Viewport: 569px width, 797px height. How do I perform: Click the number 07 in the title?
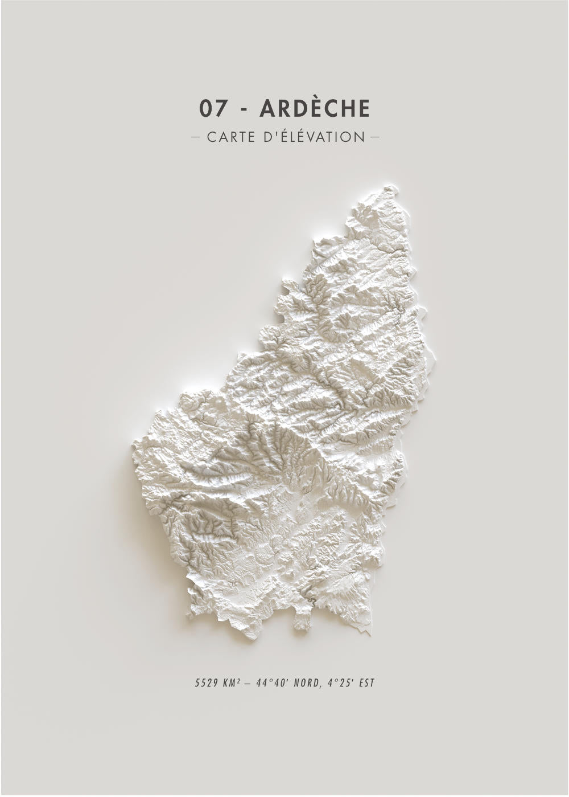click(213, 108)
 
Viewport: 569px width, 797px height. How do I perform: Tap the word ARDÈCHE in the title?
click(315, 108)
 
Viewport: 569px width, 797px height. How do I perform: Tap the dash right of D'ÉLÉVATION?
click(374, 137)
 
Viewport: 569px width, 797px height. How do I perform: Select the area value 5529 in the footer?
click(205, 682)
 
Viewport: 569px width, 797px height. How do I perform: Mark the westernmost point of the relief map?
click(135, 445)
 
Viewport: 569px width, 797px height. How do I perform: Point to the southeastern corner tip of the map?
click(369, 632)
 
